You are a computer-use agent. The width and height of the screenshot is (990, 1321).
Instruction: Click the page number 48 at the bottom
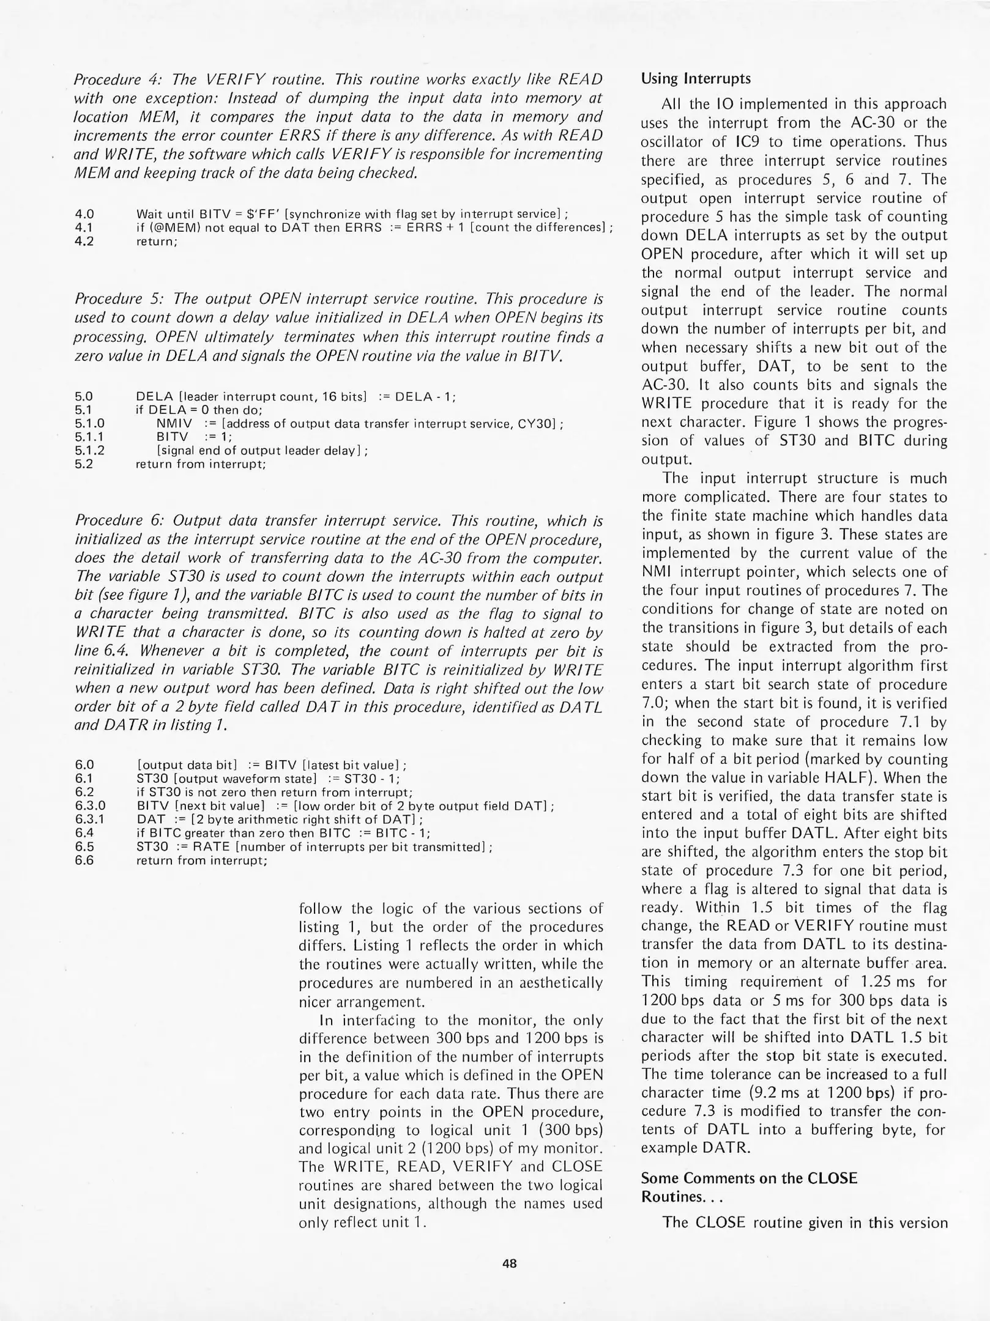509,1263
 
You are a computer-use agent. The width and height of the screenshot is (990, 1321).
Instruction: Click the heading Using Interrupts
696,79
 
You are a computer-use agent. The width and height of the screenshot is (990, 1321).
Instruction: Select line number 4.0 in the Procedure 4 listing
84,214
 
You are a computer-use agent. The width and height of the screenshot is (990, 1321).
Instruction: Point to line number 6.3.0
90,805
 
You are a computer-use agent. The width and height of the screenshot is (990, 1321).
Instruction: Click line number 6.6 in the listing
84,860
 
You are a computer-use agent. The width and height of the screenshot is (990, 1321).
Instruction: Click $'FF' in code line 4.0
263,214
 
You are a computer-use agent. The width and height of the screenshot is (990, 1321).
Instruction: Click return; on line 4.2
157,242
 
